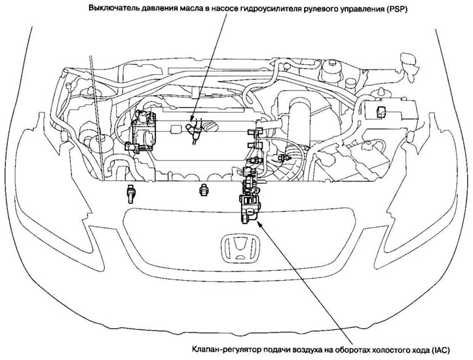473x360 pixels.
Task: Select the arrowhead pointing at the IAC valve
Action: click(261, 221)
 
